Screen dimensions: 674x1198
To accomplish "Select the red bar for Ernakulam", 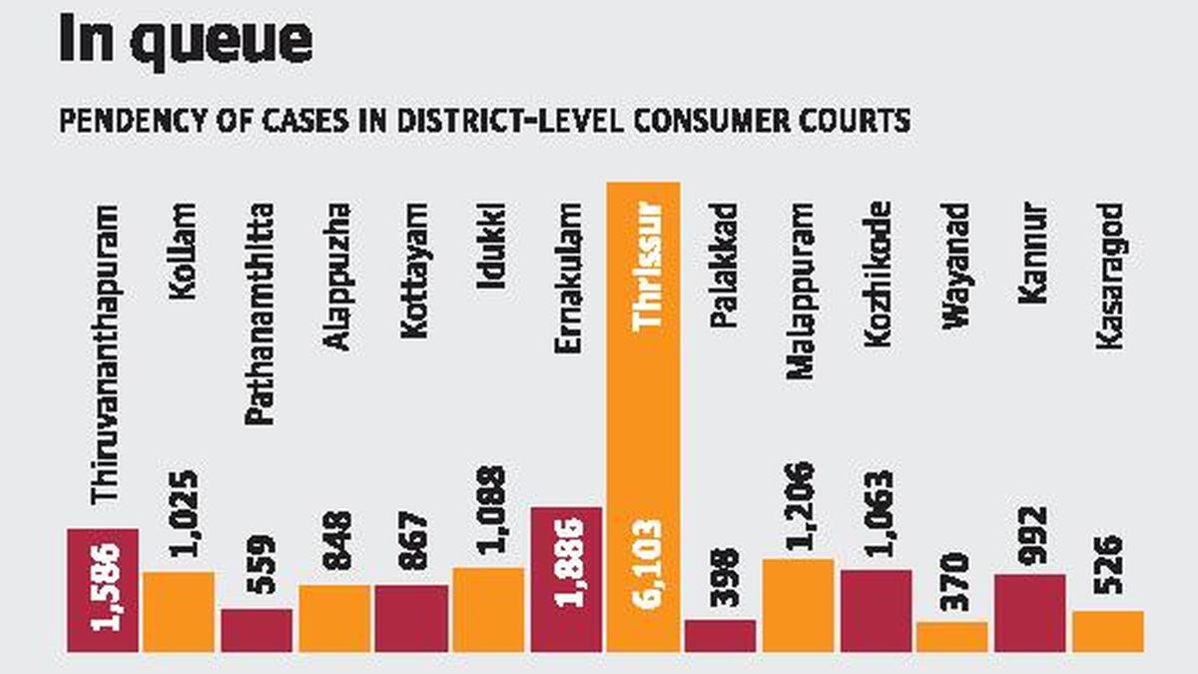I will pos(566,579).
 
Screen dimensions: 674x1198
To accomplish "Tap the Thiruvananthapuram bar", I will pos(103,589).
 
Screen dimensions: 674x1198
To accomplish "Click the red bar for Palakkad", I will pos(720,635).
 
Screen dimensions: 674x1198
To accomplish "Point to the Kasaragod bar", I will pos(1108,631).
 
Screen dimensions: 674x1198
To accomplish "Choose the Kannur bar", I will pos(1030,613).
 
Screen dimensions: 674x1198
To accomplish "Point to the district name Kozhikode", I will pos(877,276).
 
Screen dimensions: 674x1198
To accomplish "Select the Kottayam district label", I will pos(412,271).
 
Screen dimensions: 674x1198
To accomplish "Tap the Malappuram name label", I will pos(799,291).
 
